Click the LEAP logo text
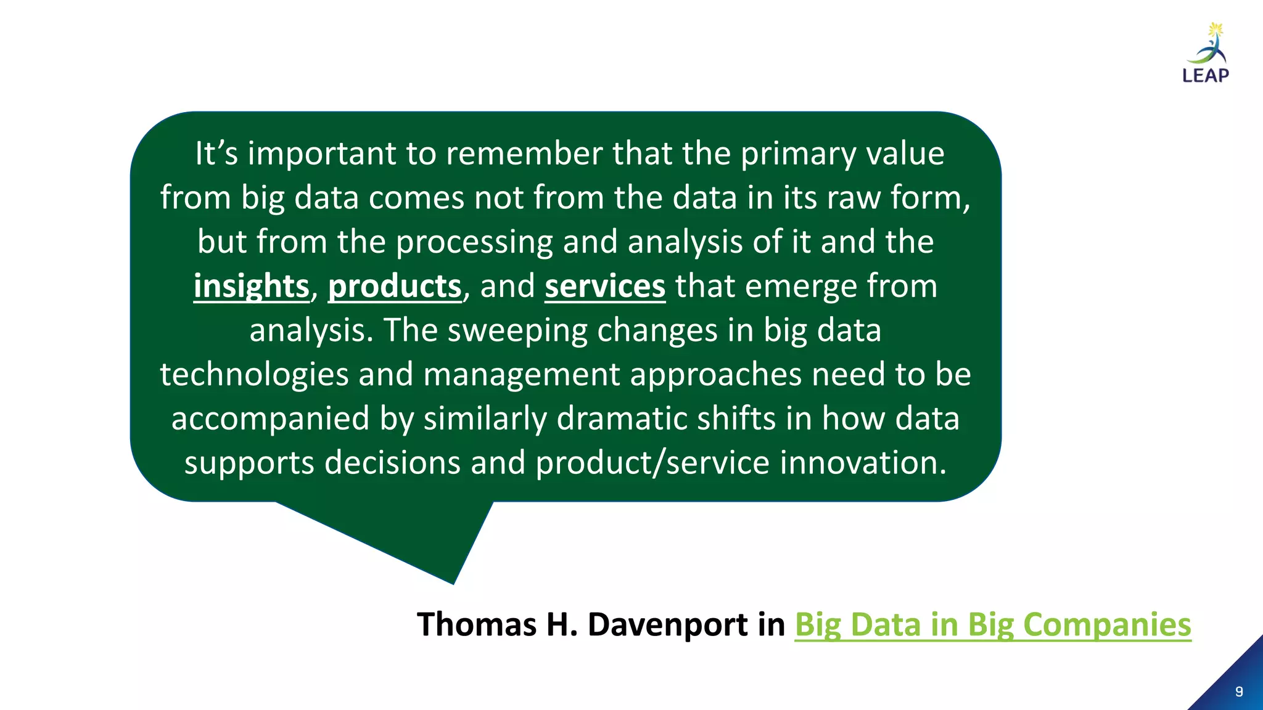click(1206, 75)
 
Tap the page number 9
click(1239, 692)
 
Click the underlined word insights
click(251, 287)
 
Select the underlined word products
click(395, 287)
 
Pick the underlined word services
click(605, 287)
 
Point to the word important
click(321, 153)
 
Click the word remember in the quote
click(524, 153)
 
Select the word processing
click(474, 242)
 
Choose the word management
click(521, 375)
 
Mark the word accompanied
click(270, 419)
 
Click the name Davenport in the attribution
click(668, 625)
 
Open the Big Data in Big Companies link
click(992, 625)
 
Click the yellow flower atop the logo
click(1216, 29)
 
